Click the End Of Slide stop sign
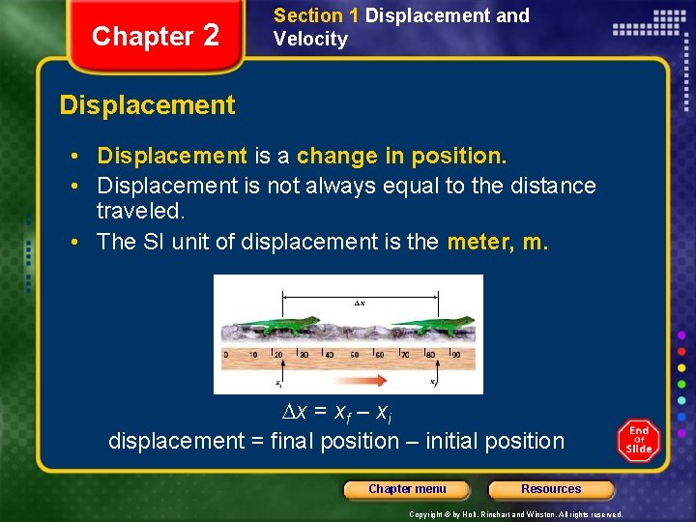(x=639, y=441)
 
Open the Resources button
(x=551, y=489)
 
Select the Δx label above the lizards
(x=359, y=303)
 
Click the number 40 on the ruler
(x=328, y=355)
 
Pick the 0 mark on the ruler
(x=225, y=355)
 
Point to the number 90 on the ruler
(x=456, y=355)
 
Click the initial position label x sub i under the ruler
(x=278, y=383)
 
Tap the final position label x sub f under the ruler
(x=435, y=383)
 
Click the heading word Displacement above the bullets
(x=147, y=105)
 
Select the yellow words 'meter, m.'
(x=498, y=242)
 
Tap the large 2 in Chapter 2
(x=212, y=36)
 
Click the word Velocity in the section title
(x=310, y=40)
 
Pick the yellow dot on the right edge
(x=681, y=366)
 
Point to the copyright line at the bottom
(x=515, y=514)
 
